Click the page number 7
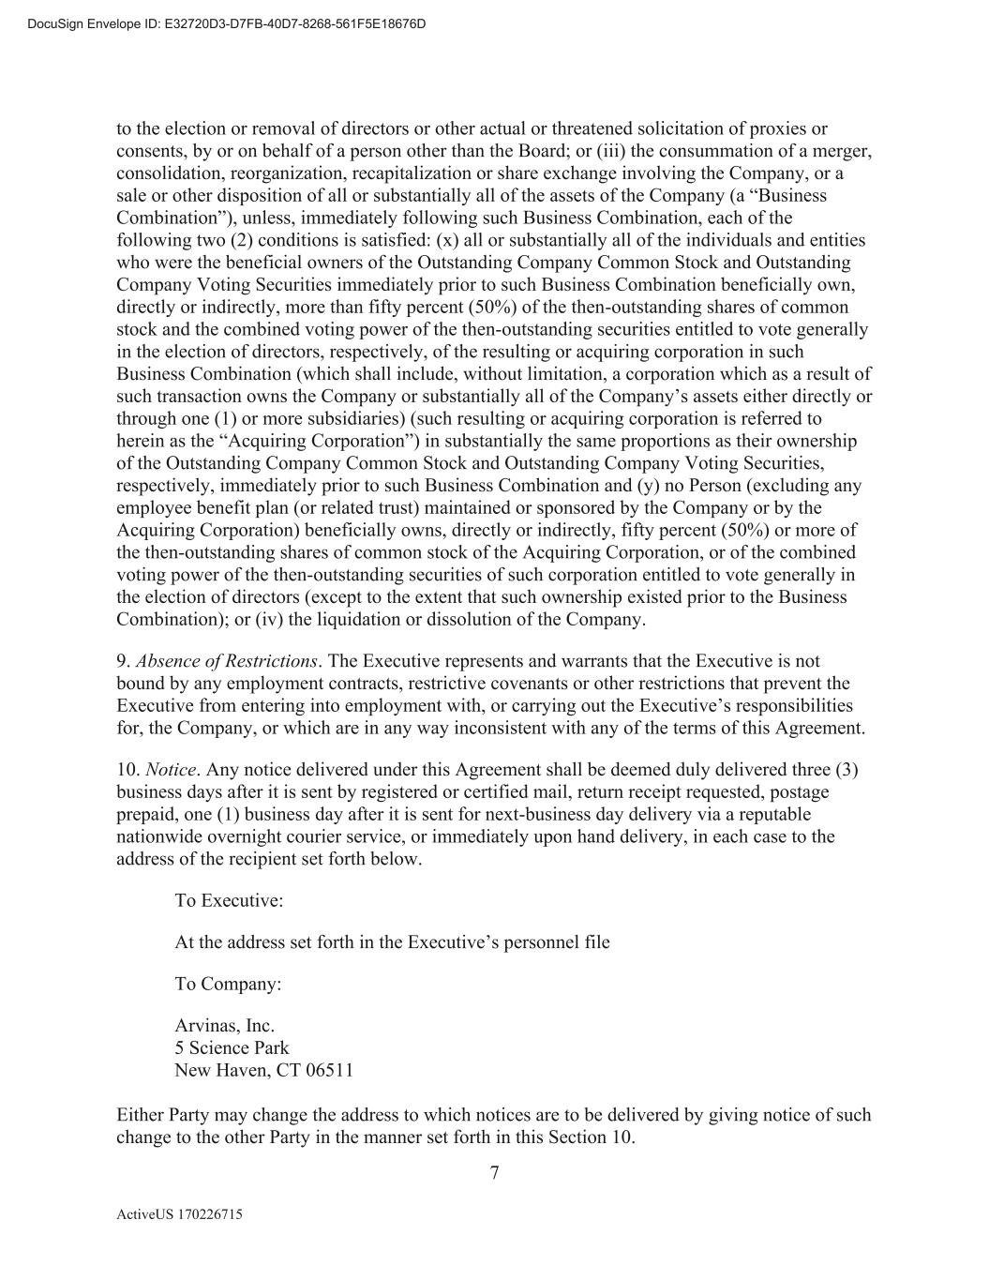point(494,1172)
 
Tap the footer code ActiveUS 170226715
point(179,1214)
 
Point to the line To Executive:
point(229,900)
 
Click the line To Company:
point(228,984)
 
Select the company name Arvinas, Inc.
point(224,1026)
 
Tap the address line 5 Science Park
point(232,1047)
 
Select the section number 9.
point(122,661)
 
